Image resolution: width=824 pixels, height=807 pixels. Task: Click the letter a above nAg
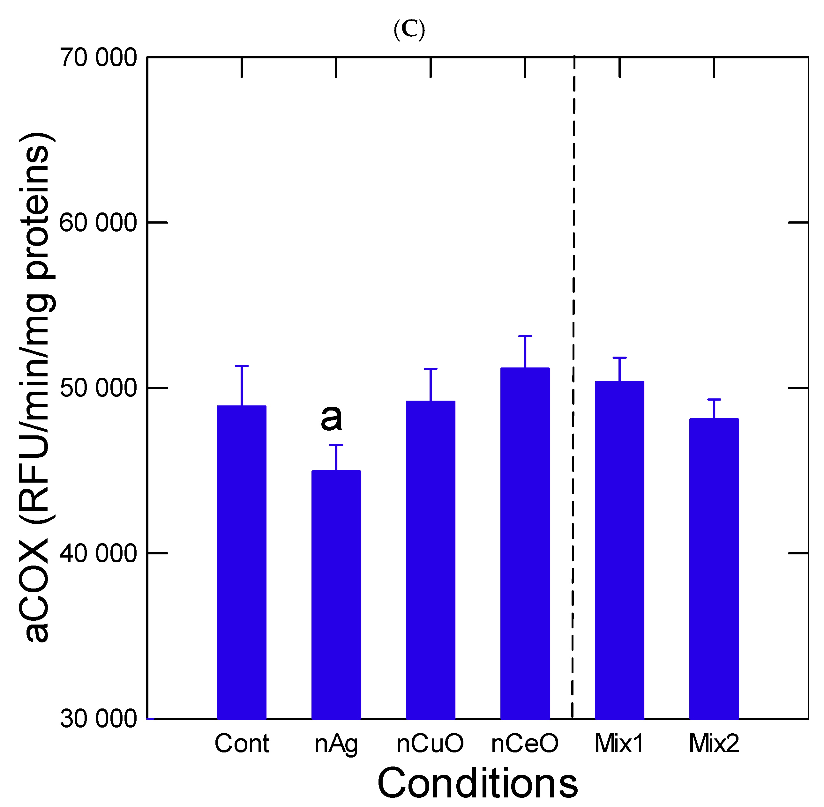pyautogui.click(x=331, y=418)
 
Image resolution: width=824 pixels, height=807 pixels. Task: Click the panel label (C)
pyautogui.click(x=409, y=30)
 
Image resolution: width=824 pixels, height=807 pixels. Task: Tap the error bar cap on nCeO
pyautogui.click(x=525, y=336)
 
